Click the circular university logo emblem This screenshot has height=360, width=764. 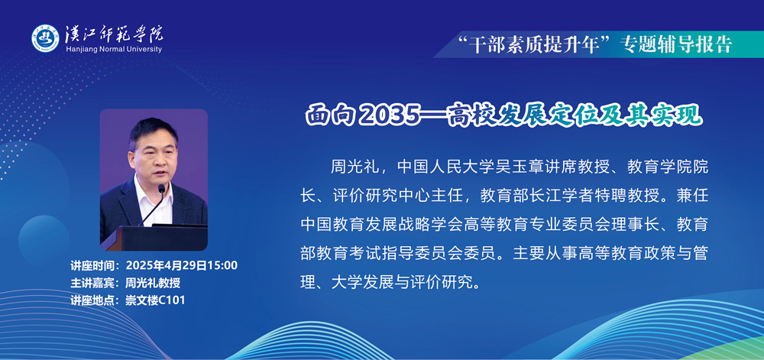[45, 38]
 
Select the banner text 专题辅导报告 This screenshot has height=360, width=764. [676, 44]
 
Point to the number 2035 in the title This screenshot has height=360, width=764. [391, 115]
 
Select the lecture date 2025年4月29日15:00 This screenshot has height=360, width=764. [182, 266]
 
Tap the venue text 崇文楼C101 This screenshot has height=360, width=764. [155, 300]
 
